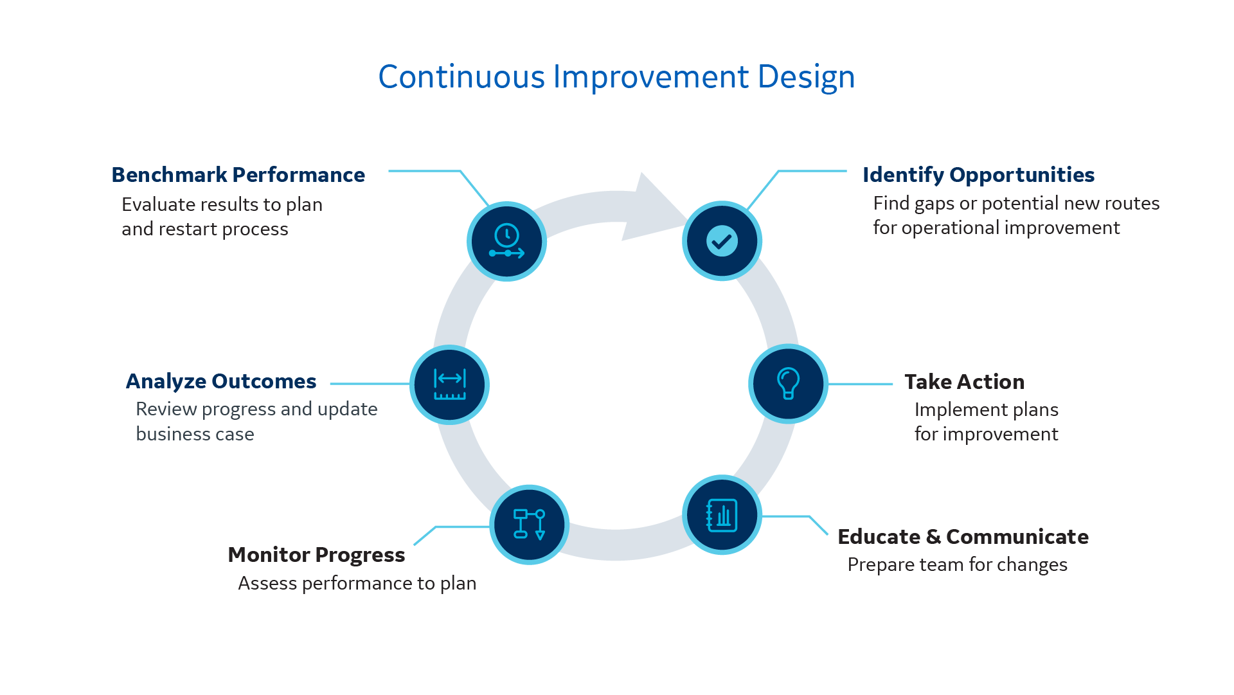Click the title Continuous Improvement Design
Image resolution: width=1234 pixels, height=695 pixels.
pos(616,77)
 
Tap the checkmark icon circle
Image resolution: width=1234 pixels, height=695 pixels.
pos(722,241)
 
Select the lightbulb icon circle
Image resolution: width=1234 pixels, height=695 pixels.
pos(788,384)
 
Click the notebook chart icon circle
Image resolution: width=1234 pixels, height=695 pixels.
pos(722,515)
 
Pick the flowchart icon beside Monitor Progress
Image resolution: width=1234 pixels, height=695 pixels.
pos(529,525)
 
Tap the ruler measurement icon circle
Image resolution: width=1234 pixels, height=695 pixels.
pos(449,384)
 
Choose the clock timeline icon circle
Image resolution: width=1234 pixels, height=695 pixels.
pos(506,242)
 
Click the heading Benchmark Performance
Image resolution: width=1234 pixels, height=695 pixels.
pos(238,175)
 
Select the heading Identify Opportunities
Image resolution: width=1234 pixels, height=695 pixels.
pos(978,175)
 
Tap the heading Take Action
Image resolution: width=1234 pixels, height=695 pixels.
pos(964,382)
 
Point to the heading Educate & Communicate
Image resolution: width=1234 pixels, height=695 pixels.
pos(963,537)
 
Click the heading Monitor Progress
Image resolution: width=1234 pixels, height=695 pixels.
pos(316,555)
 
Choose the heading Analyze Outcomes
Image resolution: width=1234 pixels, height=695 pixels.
pos(220,381)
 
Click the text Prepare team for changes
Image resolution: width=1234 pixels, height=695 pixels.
pos(957,564)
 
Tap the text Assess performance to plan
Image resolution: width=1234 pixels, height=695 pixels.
pos(357,583)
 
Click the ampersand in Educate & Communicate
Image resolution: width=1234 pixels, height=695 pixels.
pos(933,537)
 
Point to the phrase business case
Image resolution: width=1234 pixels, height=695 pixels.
pos(195,434)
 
